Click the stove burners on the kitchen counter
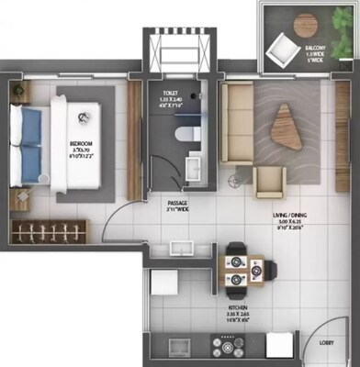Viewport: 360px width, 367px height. (x=228, y=347)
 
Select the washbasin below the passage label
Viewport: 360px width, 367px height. (x=179, y=247)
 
